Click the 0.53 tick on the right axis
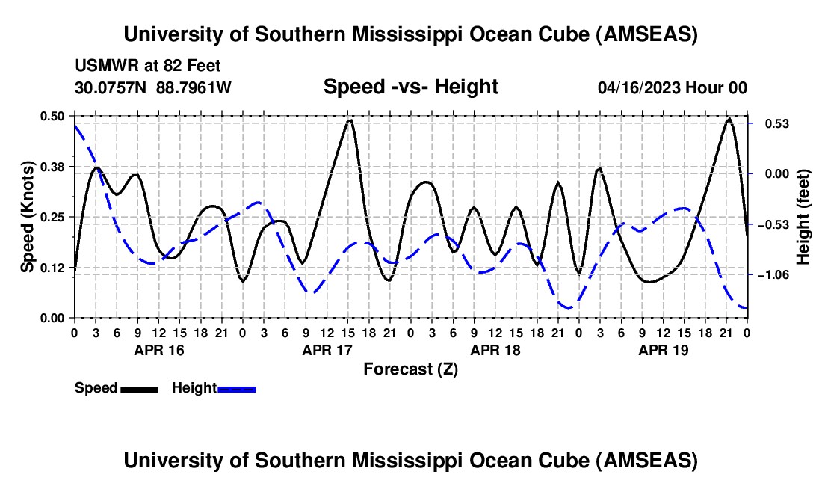pos(773,123)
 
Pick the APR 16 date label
pos(159,349)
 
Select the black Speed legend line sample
pos(140,388)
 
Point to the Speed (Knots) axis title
pos(28,217)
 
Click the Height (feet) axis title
pos(803,217)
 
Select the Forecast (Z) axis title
pos(410,369)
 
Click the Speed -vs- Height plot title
pos(410,87)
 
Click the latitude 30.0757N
pos(112,88)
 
